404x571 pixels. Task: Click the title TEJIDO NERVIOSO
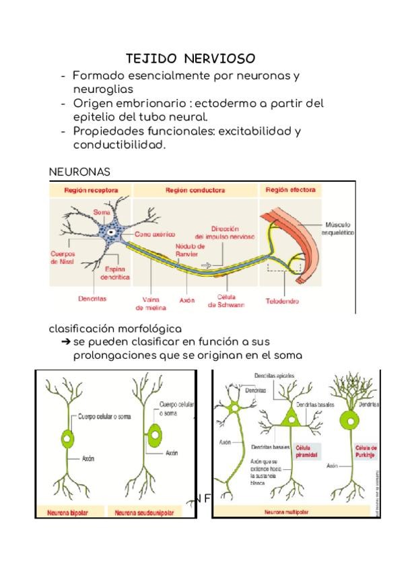tap(190, 59)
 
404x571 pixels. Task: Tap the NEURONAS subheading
tap(79, 172)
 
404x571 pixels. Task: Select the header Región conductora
tap(195, 191)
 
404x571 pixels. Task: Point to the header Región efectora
tap(290, 191)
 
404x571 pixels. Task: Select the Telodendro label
tap(281, 301)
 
